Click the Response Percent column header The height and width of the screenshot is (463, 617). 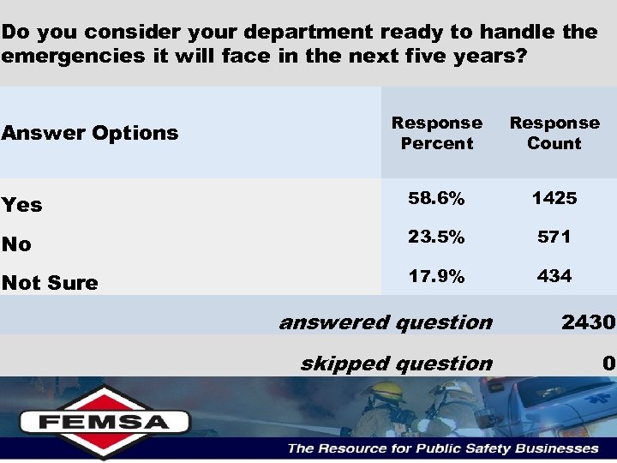coord(437,133)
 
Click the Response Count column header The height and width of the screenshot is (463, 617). coord(554,133)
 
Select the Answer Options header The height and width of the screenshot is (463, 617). coord(90,133)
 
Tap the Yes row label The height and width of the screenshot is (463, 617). coord(22,205)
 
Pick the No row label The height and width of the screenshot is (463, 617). coord(16,244)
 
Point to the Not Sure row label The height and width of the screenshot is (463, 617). coord(50,283)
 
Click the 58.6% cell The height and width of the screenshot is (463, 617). coord(436,199)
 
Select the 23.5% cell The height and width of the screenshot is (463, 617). coord(436,238)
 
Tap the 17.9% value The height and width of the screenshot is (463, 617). coord(436,276)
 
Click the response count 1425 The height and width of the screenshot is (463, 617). coord(554,199)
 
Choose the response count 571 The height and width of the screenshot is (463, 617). coord(554,238)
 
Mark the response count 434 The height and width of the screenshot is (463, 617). coord(554,276)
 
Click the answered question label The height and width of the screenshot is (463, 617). coord(386,322)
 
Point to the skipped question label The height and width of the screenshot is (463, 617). coord(396,364)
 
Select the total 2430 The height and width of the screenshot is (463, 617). coord(588,322)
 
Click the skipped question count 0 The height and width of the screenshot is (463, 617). coord(608,364)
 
